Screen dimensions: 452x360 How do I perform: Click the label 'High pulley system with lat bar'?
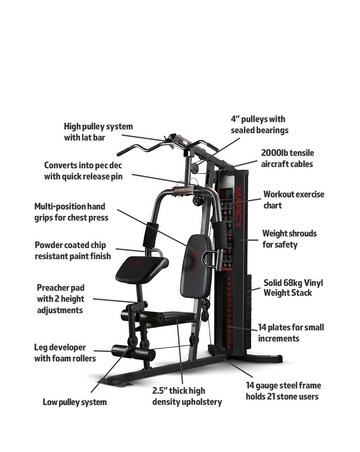(x=98, y=132)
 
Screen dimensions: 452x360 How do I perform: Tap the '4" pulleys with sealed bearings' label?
(x=259, y=124)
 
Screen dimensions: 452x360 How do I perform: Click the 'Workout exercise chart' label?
(x=293, y=200)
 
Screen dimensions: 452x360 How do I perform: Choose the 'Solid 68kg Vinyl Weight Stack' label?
(x=293, y=288)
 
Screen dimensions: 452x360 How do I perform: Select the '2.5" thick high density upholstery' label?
(x=186, y=396)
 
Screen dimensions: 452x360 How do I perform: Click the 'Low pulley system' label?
(x=74, y=402)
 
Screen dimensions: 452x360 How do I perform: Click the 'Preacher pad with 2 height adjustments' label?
(x=60, y=298)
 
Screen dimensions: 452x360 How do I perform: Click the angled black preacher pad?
(x=139, y=267)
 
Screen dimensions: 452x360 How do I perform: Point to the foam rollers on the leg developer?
(x=130, y=351)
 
